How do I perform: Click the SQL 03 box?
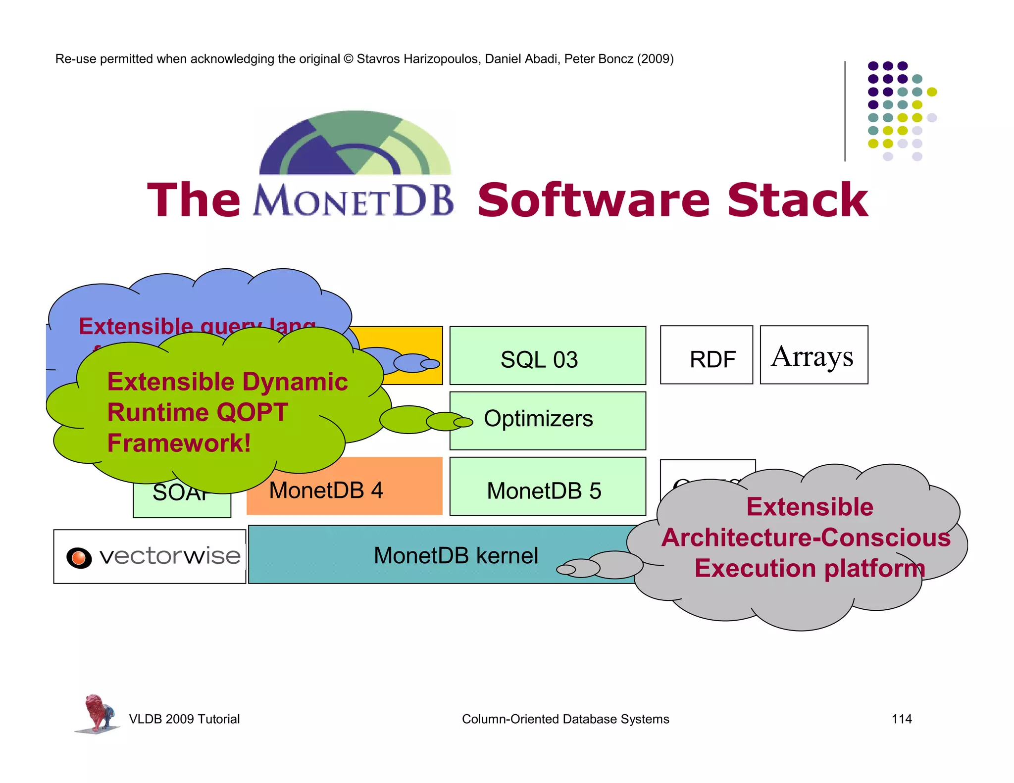[547, 356]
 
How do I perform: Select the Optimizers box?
[547, 420]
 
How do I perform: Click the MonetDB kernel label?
[456, 555]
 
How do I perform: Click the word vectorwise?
[170, 556]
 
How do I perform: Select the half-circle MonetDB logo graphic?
[355, 144]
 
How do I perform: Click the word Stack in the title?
[797, 200]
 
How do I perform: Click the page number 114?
[901, 719]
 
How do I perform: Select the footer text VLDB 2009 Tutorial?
[184, 719]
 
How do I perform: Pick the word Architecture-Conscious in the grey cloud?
[806, 538]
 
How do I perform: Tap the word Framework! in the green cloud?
[179, 443]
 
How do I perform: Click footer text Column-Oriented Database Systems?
[565, 719]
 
